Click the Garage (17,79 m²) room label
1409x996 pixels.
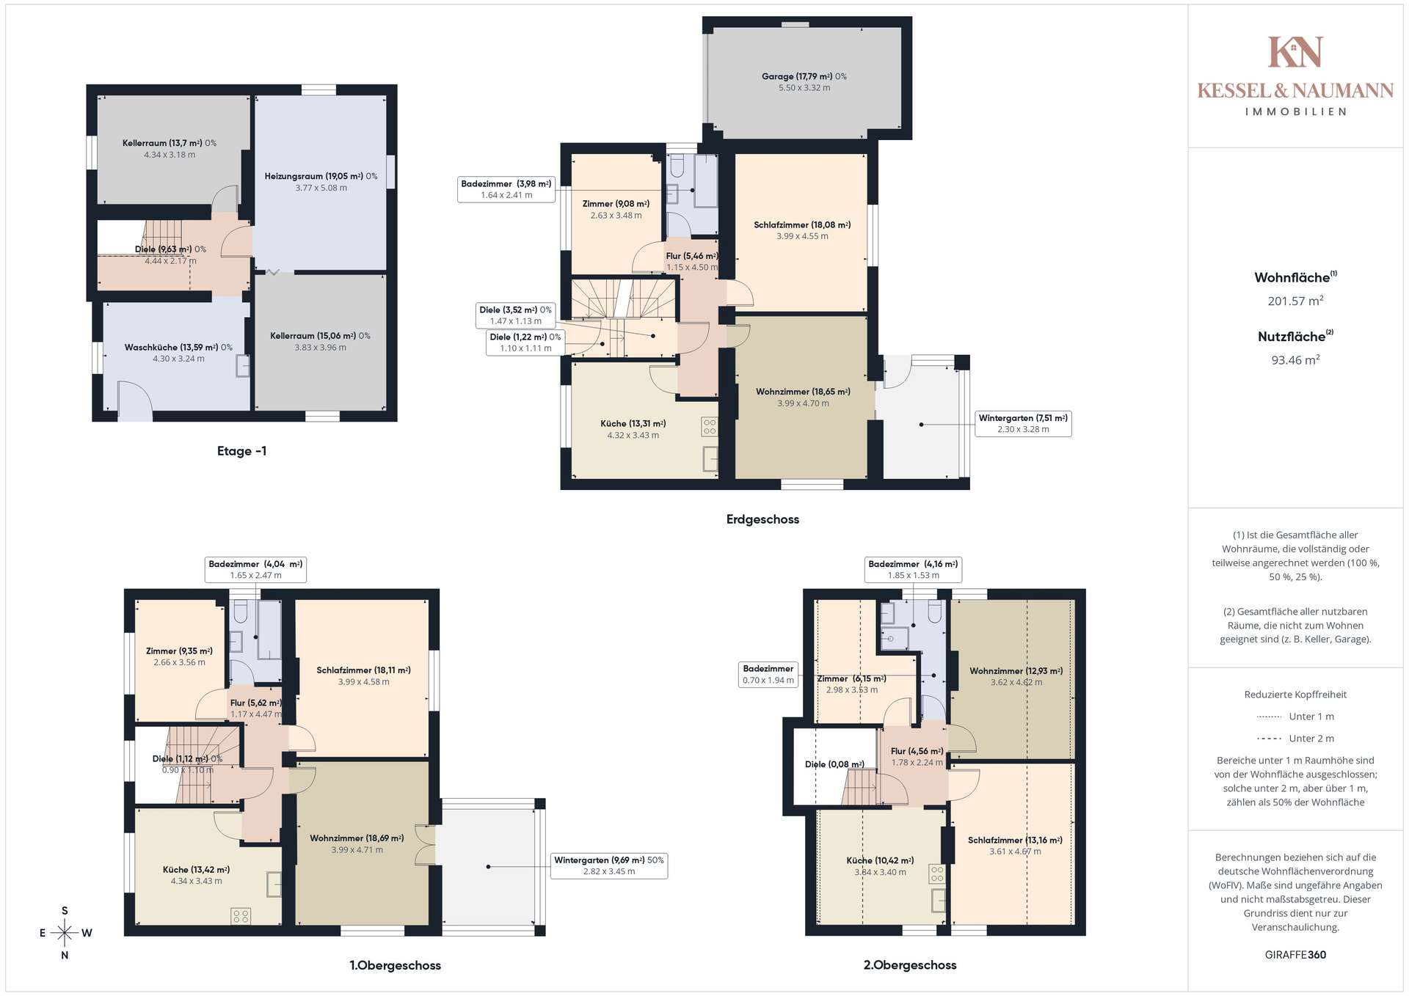click(804, 76)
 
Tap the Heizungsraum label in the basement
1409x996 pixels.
click(321, 176)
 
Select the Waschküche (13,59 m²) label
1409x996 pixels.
click(178, 347)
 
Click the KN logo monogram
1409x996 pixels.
click(1295, 52)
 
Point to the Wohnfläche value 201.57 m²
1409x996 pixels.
click(1295, 301)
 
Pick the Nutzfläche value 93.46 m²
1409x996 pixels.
click(1295, 360)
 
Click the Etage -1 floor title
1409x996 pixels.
click(241, 451)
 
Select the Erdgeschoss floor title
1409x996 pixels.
click(762, 519)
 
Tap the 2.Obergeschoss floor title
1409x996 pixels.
click(910, 965)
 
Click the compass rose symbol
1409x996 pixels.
click(65, 933)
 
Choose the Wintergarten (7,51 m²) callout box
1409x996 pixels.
click(1023, 423)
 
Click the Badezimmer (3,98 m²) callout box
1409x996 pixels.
click(506, 189)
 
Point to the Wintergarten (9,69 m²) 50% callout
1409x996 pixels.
click(609, 865)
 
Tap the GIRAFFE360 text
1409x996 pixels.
click(1295, 955)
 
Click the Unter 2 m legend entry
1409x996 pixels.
click(1295, 739)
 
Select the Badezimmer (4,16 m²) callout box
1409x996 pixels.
click(913, 569)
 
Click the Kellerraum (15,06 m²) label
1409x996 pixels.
click(320, 336)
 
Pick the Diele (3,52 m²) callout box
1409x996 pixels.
click(516, 315)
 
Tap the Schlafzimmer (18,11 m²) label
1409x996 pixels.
click(363, 670)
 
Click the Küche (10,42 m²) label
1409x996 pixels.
click(880, 860)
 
